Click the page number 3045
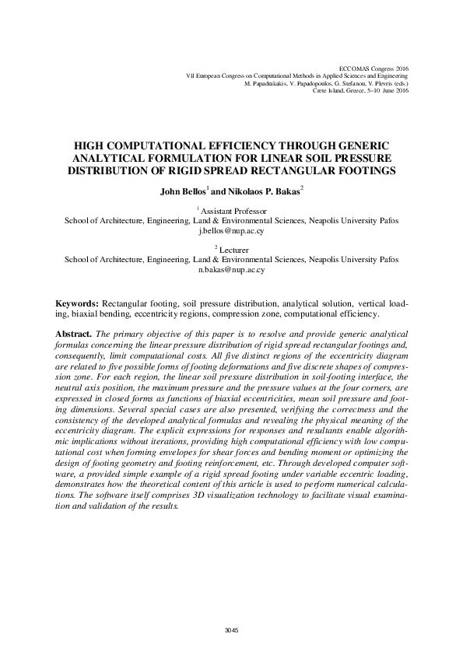click(x=231, y=629)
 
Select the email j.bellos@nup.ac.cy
click(x=231, y=231)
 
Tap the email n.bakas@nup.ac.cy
click(x=231, y=270)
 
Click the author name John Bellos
click(x=182, y=190)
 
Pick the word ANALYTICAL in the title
click(x=102, y=157)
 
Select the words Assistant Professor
click(x=234, y=211)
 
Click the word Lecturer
click(x=235, y=250)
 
